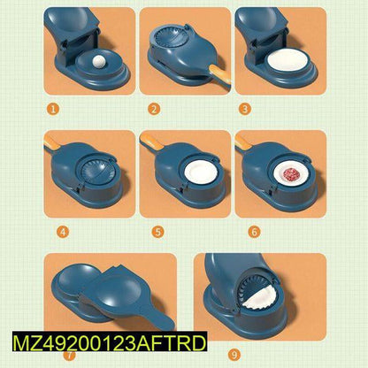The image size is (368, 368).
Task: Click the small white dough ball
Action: tap(98, 61)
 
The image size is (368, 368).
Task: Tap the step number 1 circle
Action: tap(53, 109)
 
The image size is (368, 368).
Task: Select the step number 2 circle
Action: tap(154, 109)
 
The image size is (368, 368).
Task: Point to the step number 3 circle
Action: tap(245, 109)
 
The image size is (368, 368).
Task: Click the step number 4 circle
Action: tap(63, 232)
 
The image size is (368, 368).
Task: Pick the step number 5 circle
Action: tap(158, 232)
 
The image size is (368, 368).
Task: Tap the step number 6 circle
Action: tap(254, 232)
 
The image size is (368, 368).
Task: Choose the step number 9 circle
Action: tap(234, 354)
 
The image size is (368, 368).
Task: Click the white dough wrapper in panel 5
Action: tap(202, 175)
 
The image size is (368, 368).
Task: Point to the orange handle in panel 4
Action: tap(51, 142)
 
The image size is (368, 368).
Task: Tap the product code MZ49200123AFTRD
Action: tap(110, 342)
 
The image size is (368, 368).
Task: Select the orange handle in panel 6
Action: tap(242, 142)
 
